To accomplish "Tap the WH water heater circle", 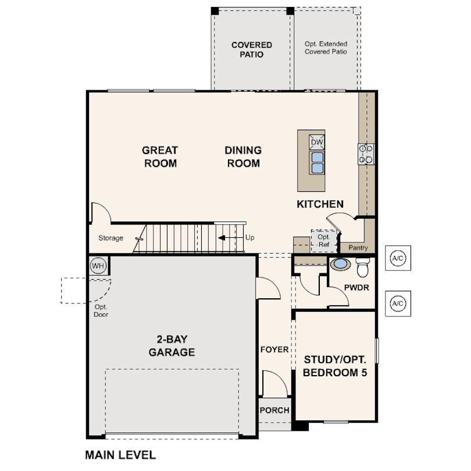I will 98,266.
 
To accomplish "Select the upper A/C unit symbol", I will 398,258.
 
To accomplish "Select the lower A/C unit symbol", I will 398,303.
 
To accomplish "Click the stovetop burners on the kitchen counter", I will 366,154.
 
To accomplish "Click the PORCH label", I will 274,410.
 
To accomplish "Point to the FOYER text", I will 274,349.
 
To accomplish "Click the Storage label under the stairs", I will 110,238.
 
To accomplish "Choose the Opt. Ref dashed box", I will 323,240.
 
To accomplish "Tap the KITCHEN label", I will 320,204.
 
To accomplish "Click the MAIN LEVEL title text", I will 120,455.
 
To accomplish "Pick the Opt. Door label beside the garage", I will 101,311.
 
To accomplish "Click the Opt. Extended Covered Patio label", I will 326,48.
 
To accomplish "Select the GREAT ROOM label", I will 160,156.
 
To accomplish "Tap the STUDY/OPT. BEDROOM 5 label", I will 335,366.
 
